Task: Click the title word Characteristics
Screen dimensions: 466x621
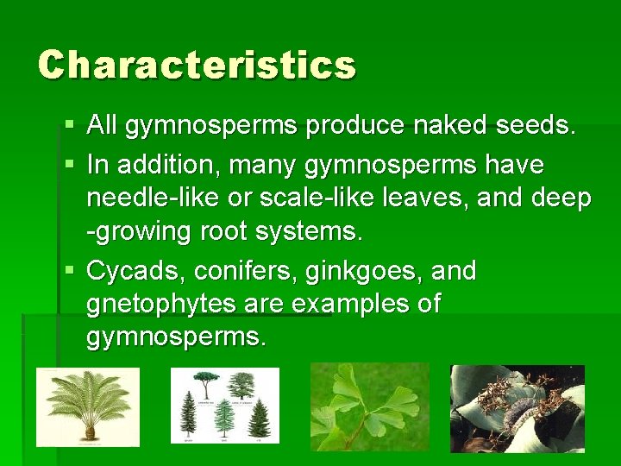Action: pyautogui.click(x=197, y=66)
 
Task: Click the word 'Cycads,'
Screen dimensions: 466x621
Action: pyautogui.click(x=136, y=271)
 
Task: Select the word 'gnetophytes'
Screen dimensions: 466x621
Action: pyautogui.click(x=160, y=304)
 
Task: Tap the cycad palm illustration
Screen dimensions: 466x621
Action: pyautogui.click(x=87, y=407)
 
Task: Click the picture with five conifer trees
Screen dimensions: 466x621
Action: pyautogui.click(x=225, y=406)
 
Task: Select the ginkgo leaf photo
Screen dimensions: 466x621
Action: pyautogui.click(x=369, y=406)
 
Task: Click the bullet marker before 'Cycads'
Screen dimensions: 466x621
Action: pyautogui.click(x=70, y=271)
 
